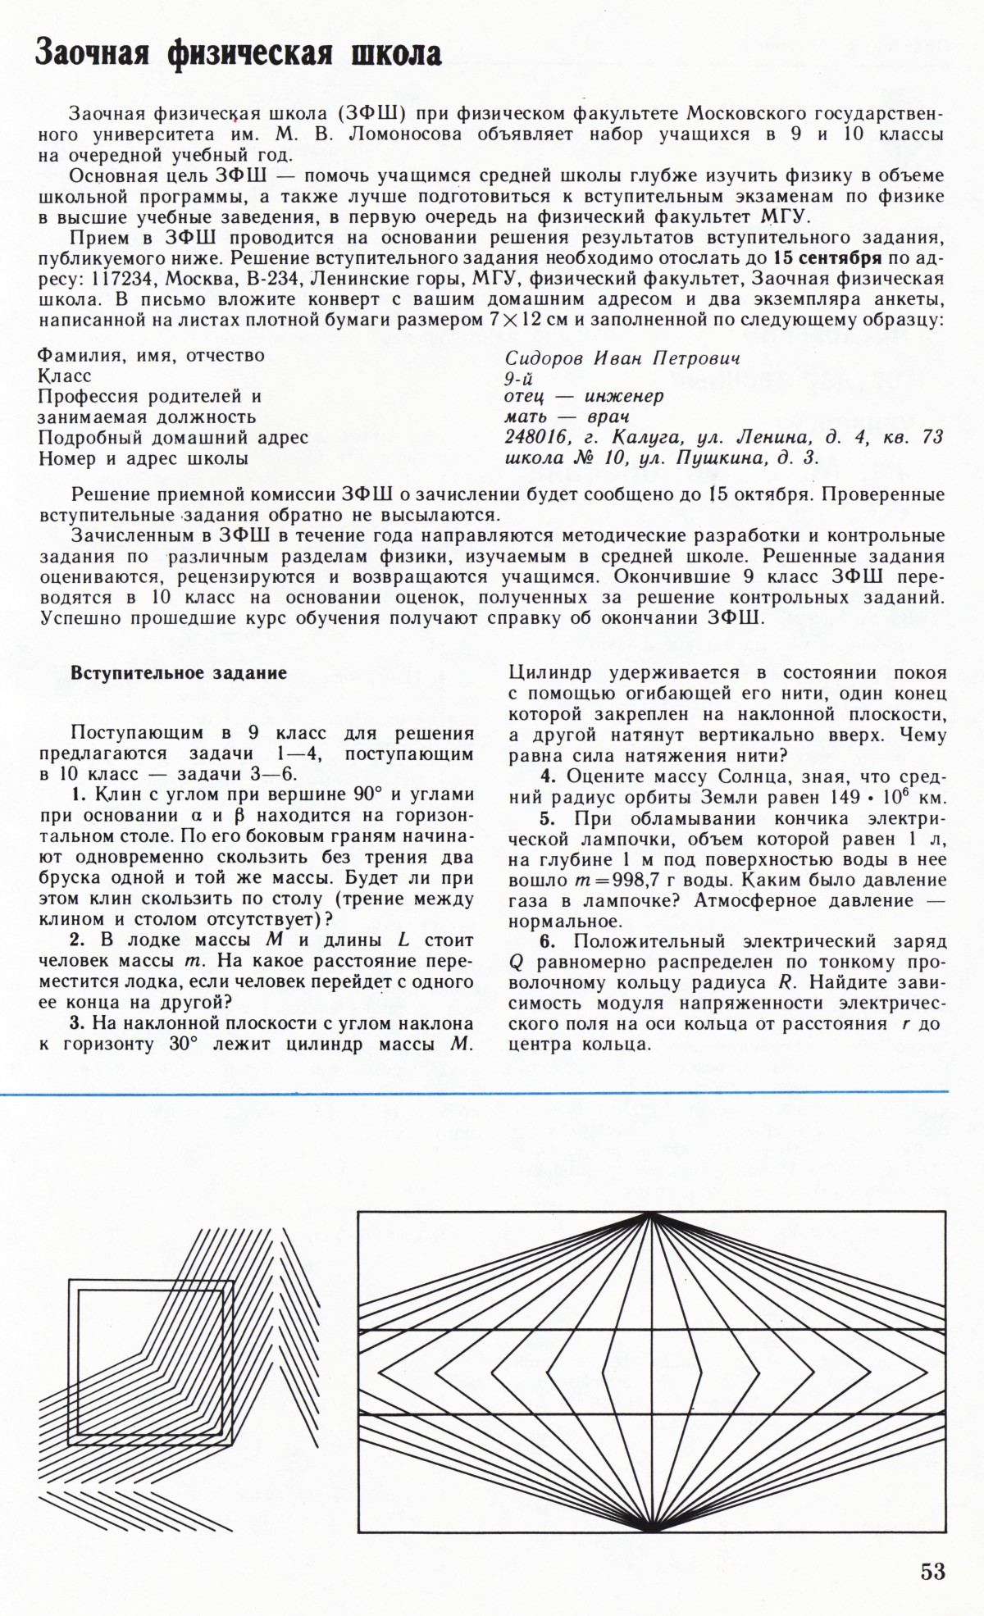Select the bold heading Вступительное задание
[179, 674]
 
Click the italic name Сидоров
[542, 359]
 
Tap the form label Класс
[66, 376]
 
